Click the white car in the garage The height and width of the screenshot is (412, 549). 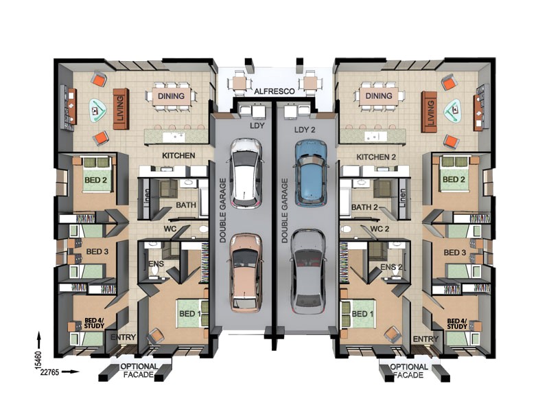click(245, 172)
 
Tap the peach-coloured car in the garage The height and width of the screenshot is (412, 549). click(245, 271)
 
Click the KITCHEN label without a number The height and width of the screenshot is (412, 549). click(178, 157)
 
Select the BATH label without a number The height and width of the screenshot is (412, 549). click(186, 205)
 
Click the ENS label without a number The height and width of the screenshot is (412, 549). click(156, 264)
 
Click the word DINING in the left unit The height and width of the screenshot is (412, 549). click(171, 97)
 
